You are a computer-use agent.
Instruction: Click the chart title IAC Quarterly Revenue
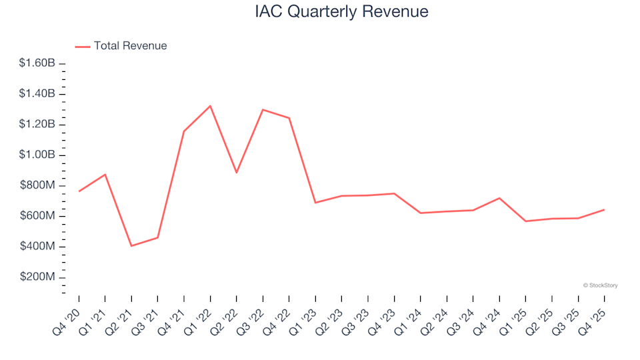341,11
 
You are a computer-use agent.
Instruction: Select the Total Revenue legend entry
130,46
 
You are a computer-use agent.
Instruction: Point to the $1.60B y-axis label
37,63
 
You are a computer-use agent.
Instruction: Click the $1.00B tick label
37,155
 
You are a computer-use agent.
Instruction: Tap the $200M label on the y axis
37,277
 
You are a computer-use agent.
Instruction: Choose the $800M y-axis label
37,185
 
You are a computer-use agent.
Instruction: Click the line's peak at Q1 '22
211,106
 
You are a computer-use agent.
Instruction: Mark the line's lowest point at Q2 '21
131,246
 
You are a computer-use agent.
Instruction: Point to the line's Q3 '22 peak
263,109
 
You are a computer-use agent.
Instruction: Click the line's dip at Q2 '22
237,173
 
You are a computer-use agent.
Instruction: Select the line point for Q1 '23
315,203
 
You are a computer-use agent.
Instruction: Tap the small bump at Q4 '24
499,198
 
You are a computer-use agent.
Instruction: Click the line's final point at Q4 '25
604,210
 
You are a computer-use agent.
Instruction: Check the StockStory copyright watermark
600,285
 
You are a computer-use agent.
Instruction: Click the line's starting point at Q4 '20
79,191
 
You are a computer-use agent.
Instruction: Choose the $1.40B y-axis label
37,94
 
